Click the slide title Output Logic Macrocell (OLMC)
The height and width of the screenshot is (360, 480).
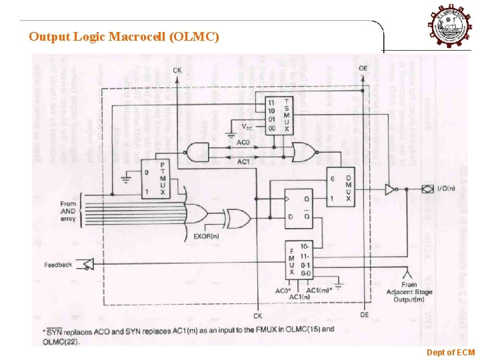[x=123, y=37]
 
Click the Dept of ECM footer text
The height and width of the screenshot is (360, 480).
[x=451, y=351]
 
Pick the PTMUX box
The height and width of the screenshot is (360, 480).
[x=154, y=178]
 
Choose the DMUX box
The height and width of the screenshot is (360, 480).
[x=339, y=186]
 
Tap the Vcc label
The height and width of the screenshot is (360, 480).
[x=247, y=126]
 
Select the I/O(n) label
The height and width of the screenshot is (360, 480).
[x=447, y=190]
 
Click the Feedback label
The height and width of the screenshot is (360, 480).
[x=58, y=265]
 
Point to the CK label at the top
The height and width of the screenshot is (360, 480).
[x=177, y=70]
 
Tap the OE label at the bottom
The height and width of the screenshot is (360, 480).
[x=364, y=315]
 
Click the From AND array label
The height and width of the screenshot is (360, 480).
[x=68, y=211]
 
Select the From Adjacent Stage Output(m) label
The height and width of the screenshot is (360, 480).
[x=409, y=292]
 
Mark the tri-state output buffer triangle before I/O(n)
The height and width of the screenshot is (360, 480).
[x=389, y=190]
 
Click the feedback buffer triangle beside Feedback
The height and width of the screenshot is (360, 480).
[x=87, y=265]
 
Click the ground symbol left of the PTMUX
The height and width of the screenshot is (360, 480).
[x=126, y=177]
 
